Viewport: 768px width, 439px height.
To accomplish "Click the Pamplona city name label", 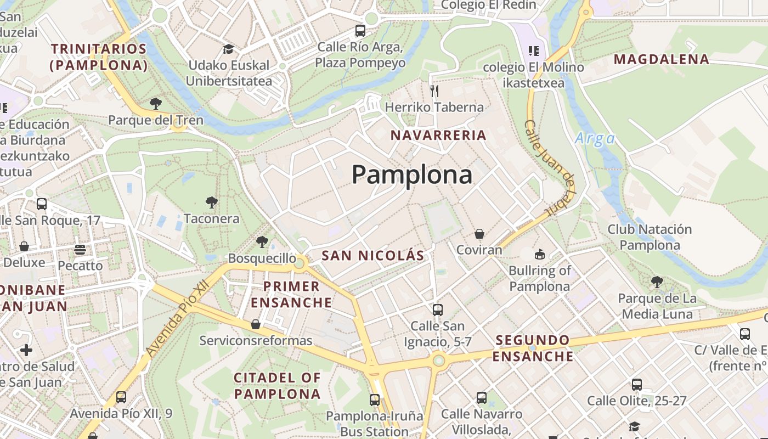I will point(411,175).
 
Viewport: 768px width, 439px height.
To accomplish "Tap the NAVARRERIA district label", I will point(438,135).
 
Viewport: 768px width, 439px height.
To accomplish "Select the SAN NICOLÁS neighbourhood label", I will point(373,255).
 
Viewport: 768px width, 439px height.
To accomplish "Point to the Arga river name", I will point(595,138).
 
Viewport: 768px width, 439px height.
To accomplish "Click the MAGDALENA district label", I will point(662,59).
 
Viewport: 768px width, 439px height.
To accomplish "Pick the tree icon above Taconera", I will point(211,202).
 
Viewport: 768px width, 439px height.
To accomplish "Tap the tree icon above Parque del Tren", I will point(156,103).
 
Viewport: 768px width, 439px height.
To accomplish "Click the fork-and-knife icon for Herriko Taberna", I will point(434,91).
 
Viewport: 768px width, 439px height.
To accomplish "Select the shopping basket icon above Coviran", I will point(479,234).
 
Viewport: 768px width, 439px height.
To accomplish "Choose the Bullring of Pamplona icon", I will point(540,254).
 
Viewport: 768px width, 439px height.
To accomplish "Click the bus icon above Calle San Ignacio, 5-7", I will point(437,310).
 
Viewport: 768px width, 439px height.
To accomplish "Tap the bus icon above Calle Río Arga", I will point(360,31).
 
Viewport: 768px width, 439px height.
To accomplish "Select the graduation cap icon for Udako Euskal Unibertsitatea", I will point(228,49).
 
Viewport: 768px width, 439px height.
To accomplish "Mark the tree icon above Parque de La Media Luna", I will point(657,282).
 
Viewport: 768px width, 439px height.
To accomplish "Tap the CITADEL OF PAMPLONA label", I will point(277,386).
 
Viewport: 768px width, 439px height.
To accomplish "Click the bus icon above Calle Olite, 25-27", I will point(636,385).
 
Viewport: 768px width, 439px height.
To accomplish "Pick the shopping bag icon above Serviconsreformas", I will point(256,324).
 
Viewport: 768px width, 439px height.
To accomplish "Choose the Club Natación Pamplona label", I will point(650,237).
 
